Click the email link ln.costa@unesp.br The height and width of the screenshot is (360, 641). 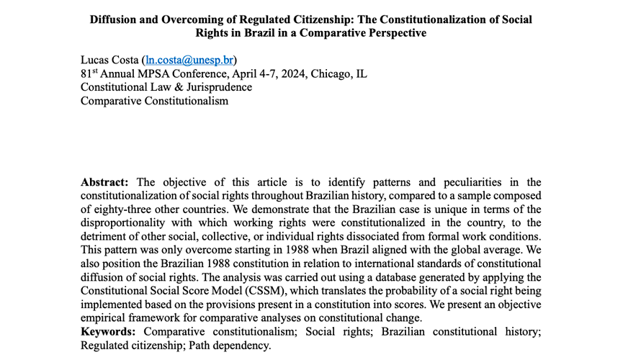pyautogui.click(x=190, y=60)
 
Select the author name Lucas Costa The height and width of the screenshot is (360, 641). pyautogui.click(x=109, y=60)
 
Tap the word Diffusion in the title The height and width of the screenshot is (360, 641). pyautogui.click(x=117, y=19)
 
